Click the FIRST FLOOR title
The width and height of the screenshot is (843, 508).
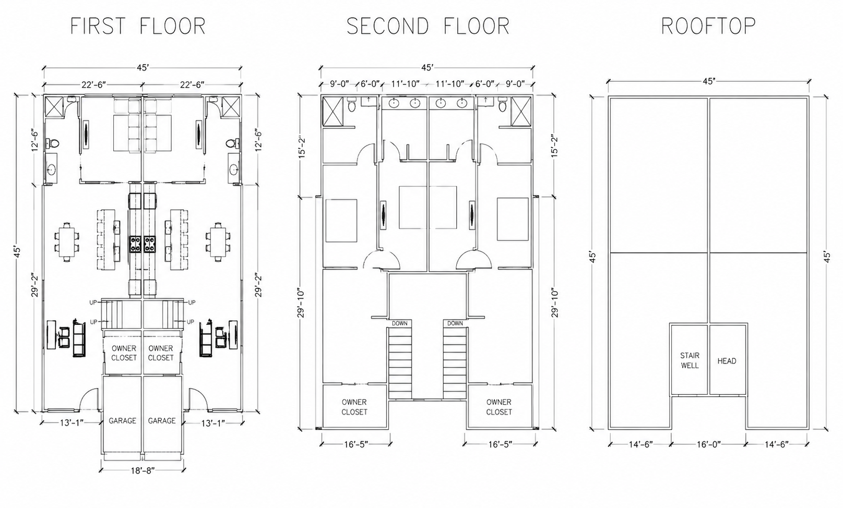coord(138,26)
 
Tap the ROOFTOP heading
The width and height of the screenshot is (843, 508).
coord(708,26)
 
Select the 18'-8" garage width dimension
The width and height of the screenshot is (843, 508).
coord(143,471)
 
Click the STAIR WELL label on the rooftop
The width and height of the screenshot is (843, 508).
coord(690,360)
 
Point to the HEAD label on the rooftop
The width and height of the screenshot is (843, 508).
coord(726,361)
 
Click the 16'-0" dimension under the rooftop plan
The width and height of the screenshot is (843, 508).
coord(708,444)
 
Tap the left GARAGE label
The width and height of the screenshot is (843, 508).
coord(122,421)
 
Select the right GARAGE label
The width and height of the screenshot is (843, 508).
coord(162,421)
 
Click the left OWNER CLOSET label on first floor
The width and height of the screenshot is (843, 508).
coord(124,353)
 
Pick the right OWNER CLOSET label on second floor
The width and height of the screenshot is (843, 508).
coord(499,407)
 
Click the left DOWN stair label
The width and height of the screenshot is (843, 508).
coord(400,323)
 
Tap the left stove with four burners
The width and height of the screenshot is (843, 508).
coord(135,244)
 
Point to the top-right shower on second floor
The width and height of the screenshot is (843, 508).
coord(521,111)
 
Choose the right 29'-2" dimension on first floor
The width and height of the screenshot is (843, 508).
coord(259,286)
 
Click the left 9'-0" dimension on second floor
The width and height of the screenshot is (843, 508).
coord(339,84)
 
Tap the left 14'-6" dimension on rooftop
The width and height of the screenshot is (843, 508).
coord(640,444)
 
